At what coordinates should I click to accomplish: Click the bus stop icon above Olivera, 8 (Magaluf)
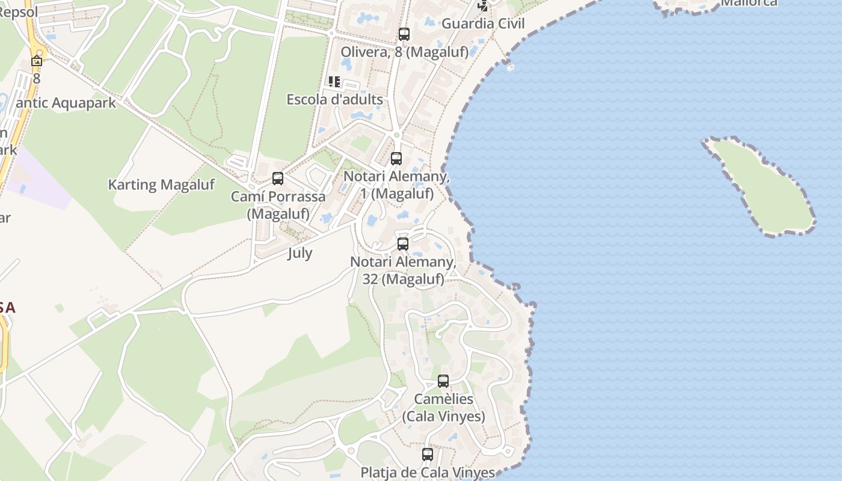coord(404,34)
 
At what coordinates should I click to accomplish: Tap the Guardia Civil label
coord(483,23)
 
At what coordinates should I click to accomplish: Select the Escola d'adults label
coord(334,99)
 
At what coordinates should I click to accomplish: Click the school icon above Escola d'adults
coord(334,82)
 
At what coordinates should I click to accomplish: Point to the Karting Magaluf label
coord(161,185)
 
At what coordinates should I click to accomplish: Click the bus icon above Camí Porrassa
coord(278,179)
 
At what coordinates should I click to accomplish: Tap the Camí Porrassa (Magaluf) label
coord(278,205)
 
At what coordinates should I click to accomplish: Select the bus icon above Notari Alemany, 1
coord(396,159)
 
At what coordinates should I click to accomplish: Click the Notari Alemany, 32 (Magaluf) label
coord(403,271)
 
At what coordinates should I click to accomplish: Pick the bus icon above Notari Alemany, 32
coord(403,244)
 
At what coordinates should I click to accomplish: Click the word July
coord(300,253)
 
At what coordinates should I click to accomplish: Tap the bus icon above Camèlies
coord(443,381)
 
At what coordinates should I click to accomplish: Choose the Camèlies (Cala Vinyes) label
coord(444,408)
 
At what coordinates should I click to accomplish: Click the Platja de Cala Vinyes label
coord(428,473)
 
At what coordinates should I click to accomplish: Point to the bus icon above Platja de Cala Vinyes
coord(428,455)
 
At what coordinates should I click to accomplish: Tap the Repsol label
coord(18,12)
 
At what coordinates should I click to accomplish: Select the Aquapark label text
coord(66,103)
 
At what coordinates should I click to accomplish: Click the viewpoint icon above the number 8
coord(37,61)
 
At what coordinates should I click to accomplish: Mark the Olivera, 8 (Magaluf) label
coord(404,52)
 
